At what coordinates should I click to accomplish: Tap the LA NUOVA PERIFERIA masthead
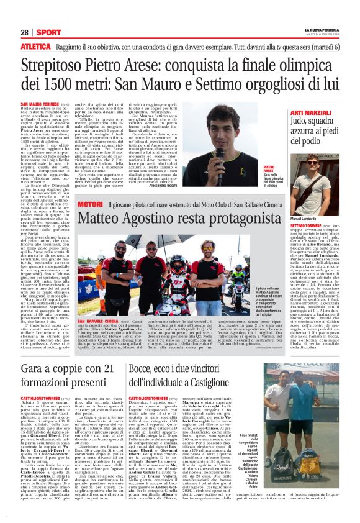pos(321,30)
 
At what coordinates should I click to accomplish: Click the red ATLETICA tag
pos(35,46)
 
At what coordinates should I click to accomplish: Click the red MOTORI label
pos(89,204)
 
